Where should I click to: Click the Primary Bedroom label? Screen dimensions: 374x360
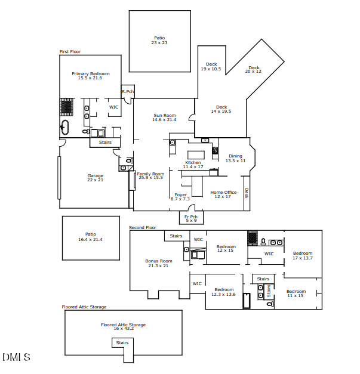point(90,76)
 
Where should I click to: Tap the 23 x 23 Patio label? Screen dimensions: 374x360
point(159,41)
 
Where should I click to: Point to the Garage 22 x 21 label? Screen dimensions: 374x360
point(95,178)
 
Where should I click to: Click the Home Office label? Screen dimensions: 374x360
point(223,194)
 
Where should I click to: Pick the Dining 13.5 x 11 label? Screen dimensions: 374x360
point(235,158)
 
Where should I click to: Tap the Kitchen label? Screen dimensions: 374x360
point(193,165)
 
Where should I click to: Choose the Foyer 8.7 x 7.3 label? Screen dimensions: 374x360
point(180,197)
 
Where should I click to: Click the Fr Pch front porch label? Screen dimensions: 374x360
point(191,218)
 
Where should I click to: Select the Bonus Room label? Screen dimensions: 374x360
point(159,263)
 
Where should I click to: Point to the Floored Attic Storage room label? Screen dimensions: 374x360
point(123,327)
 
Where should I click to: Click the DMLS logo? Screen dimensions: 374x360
point(16,357)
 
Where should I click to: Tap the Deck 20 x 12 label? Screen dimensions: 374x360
point(254,69)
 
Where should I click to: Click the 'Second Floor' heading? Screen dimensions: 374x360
point(143,227)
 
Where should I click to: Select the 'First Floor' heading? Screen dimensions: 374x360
point(70,52)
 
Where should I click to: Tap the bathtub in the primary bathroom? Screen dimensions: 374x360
point(65,127)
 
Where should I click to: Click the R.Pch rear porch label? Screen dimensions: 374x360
point(127,91)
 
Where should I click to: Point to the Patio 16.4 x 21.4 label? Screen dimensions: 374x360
point(90,237)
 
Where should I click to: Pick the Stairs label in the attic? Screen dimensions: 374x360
point(122,343)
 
